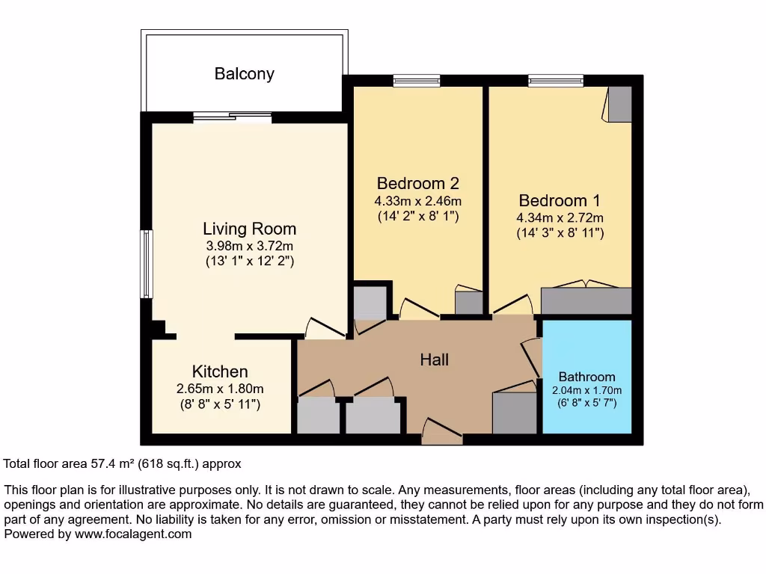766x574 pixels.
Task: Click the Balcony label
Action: point(245,74)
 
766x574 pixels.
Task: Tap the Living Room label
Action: point(250,229)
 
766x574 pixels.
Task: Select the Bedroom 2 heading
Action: point(417,183)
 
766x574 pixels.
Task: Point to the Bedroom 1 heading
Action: point(560,200)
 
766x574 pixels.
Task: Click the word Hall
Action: point(435,359)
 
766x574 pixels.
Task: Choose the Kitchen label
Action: point(220,371)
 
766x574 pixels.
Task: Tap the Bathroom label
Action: point(586,377)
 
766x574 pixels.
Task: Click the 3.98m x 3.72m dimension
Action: point(250,246)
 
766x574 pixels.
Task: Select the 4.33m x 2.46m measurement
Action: point(417,200)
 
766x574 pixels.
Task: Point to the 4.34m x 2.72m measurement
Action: point(560,217)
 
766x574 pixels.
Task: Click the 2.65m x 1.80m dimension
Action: point(220,389)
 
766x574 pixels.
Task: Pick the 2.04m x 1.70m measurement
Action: point(586,390)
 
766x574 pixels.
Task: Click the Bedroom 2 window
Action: point(417,81)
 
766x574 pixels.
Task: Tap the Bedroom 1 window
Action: point(556,81)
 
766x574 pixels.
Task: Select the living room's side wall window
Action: point(146,264)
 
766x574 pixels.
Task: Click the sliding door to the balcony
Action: point(233,117)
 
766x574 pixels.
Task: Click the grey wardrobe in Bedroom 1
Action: point(586,300)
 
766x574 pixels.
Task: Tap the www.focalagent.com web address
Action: point(133,534)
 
